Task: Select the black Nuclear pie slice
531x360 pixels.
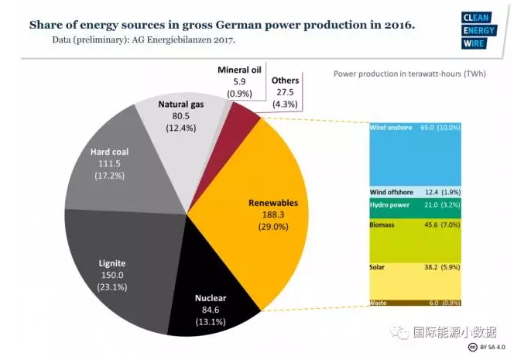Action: tap(213, 306)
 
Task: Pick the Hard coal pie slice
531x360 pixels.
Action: tap(104, 166)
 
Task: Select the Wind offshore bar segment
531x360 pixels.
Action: tap(416, 192)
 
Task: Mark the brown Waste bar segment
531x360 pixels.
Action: tap(416, 303)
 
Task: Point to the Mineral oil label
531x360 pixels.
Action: tap(239, 69)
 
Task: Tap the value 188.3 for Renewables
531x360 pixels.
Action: tap(272, 215)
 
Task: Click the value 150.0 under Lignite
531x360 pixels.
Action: tap(112, 275)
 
